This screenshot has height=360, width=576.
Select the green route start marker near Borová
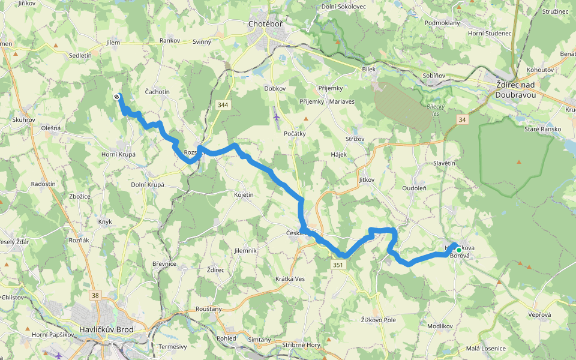coord(459,250)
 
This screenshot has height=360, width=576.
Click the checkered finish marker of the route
coord(116,96)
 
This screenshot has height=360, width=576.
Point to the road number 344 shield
coord(223,105)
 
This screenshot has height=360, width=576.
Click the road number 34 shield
coord(461,119)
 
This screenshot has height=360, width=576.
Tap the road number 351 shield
coord(338,265)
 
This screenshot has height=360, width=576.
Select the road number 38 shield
coord(95,295)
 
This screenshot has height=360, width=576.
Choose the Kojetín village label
coord(244,195)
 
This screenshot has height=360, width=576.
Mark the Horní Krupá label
coord(118,154)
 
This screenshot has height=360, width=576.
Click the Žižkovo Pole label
coord(379,320)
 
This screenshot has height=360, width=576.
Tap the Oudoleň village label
coord(414,188)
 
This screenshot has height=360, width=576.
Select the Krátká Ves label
coord(290,278)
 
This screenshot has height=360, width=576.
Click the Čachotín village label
coord(157,91)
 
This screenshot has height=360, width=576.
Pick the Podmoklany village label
coord(442,23)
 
